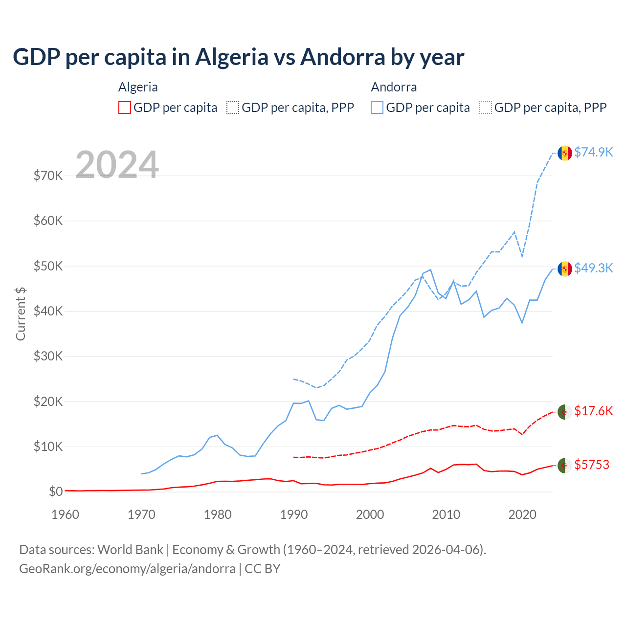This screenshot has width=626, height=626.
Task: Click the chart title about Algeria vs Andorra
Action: [x=238, y=57]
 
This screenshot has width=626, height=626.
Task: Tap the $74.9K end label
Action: [x=593, y=152]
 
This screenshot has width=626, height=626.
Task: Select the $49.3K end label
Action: [x=593, y=268]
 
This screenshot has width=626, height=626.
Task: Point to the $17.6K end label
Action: [x=593, y=411]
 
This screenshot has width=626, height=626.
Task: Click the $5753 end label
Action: [x=592, y=465]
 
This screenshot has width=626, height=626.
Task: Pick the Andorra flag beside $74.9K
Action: [x=565, y=153]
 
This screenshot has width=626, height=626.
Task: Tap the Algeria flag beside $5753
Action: [x=565, y=466]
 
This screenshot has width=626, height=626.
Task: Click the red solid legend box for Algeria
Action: [x=125, y=108]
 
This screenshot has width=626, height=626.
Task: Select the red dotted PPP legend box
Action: [x=233, y=108]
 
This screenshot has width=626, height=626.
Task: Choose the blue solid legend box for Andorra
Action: [x=377, y=108]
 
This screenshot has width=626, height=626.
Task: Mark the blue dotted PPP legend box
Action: [x=486, y=108]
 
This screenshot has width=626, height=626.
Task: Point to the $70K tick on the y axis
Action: [x=48, y=176]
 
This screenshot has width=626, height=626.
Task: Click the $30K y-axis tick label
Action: [x=48, y=356]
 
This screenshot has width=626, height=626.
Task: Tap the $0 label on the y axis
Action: [x=56, y=492]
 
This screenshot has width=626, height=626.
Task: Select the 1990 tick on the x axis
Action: [x=294, y=514]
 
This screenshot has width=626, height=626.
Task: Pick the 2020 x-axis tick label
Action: [x=522, y=514]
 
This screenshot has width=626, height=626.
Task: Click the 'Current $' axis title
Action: [x=21, y=313]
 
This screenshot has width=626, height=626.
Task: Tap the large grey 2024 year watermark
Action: [x=117, y=165]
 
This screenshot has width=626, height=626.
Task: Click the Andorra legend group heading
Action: [x=394, y=87]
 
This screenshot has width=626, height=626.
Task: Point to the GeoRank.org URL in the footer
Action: [x=127, y=569]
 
